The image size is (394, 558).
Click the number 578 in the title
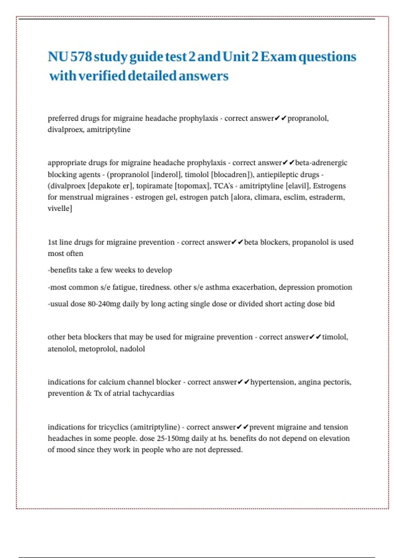pyautogui.click(x=81, y=57)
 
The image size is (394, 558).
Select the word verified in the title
pyautogui.click(x=102, y=76)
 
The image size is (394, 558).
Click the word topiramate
pyautogui.click(x=154, y=186)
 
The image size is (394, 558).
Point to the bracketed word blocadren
pyautogui.click(x=231, y=175)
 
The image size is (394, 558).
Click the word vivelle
pyautogui.click(x=59, y=208)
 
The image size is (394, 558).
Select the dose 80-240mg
pyautogui.click(x=104, y=304)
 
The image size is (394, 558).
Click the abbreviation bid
pyautogui.click(x=329, y=304)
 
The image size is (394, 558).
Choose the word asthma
pyautogui.click(x=218, y=288)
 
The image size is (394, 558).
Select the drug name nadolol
pyautogui.click(x=132, y=349)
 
